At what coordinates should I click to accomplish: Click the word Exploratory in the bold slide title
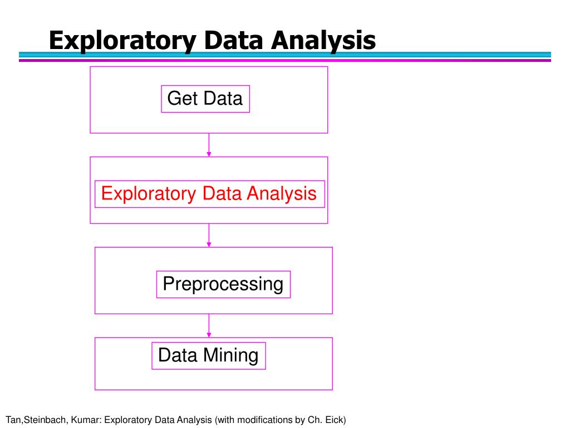(121, 41)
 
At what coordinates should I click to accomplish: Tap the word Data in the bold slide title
(234, 41)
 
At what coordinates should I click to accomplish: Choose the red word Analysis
(282, 194)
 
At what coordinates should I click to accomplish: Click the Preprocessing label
(223, 284)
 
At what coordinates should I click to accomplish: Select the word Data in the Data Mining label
(178, 355)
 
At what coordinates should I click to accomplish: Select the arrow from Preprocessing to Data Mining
(209, 325)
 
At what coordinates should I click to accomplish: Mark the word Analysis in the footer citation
(194, 420)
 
